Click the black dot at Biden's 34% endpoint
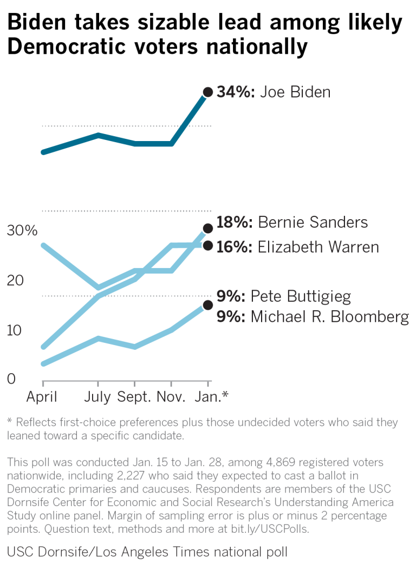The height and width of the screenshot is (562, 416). (x=207, y=92)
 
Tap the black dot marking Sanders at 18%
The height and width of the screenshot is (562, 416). (x=207, y=228)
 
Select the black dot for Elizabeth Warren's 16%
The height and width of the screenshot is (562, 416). (x=207, y=246)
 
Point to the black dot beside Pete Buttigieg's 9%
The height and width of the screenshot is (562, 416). (x=207, y=305)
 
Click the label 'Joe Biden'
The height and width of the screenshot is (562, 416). (x=295, y=92)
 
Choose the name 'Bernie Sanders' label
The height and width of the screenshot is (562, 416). (x=313, y=222)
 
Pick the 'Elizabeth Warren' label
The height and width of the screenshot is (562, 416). (x=318, y=247)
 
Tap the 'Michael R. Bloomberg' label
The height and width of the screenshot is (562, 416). (x=329, y=317)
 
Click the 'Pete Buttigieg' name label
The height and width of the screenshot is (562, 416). (x=301, y=296)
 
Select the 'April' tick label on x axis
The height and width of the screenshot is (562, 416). (x=42, y=397)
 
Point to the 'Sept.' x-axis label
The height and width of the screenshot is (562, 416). (x=135, y=397)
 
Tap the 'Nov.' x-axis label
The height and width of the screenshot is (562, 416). (x=172, y=397)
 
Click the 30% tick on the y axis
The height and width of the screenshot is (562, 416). (x=22, y=231)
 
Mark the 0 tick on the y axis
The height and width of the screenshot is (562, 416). (x=11, y=379)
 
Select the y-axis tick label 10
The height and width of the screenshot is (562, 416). (x=15, y=330)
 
